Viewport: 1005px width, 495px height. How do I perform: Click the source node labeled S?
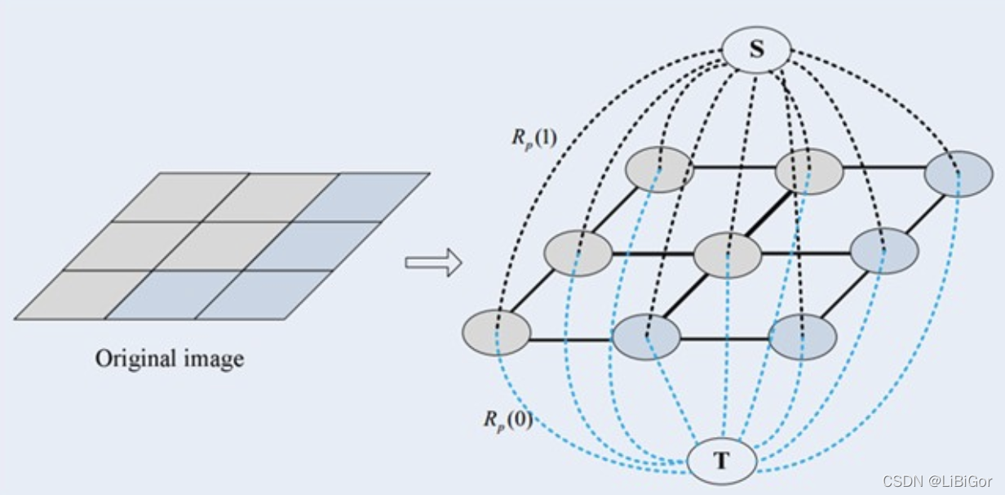[757, 50]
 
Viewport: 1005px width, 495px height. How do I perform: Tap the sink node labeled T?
[722, 461]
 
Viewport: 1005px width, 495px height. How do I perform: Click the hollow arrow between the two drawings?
[433, 264]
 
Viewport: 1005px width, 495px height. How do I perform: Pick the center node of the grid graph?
[727, 253]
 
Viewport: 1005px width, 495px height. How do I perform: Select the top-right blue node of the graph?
[959, 173]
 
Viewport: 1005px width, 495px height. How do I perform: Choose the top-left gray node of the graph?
[660, 170]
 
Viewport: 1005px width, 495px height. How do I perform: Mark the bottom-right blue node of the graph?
[803, 337]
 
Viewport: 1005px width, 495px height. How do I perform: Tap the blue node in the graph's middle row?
[884, 250]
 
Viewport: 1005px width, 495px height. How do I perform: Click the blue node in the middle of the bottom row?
[646, 337]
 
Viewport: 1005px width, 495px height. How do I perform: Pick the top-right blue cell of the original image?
[361, 197]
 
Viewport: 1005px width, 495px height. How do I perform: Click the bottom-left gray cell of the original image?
[82, 295]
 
